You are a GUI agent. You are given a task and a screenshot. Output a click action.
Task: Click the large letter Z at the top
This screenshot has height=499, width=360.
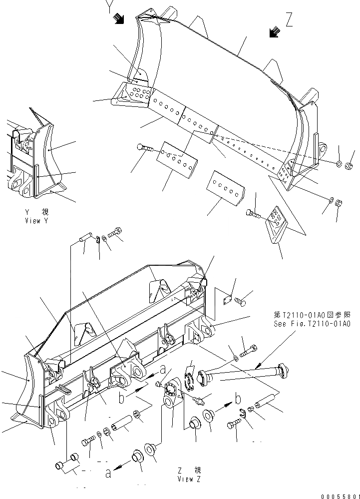pos(290,20)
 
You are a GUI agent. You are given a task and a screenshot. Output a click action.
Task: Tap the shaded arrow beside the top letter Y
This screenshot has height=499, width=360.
pos(119,19)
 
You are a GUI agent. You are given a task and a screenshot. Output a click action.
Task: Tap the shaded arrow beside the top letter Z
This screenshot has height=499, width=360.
pos(273,33)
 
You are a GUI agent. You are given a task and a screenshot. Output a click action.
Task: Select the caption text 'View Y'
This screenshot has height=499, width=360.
pos(35,220)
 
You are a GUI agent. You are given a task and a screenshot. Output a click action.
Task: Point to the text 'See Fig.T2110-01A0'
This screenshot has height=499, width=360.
pos(312,324)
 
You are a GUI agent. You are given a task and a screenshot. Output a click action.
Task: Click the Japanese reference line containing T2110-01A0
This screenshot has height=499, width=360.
pos(312,316)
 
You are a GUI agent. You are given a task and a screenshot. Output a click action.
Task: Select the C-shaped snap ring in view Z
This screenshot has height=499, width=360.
pos(243,411)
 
